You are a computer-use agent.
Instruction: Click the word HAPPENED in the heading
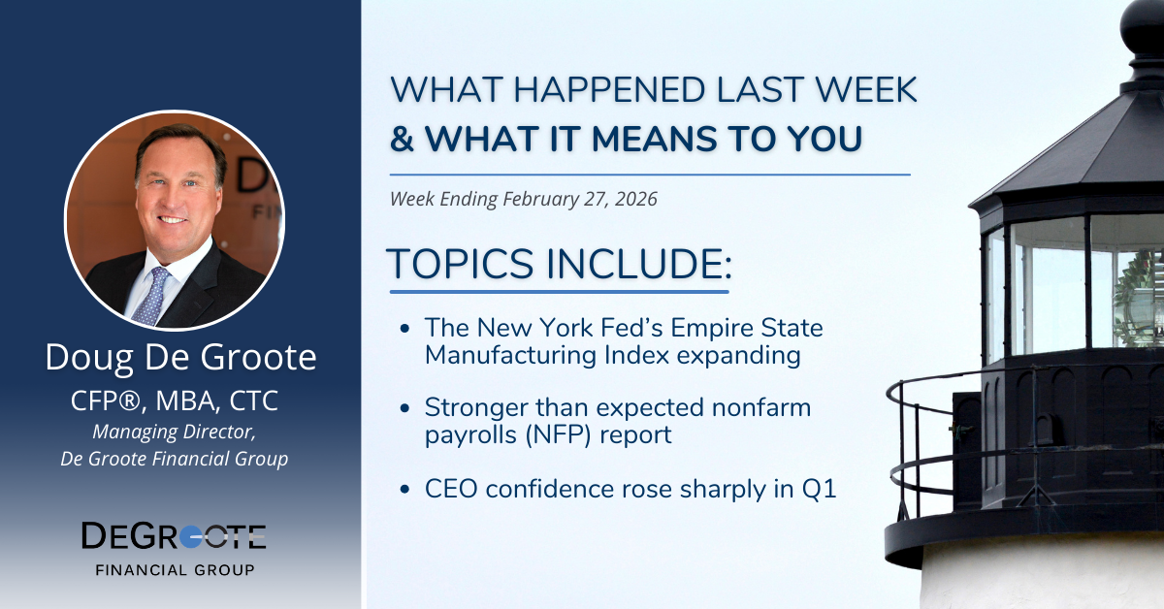click(x=609, y=89)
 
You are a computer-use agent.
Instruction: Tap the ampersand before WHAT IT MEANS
click(x=403, y=139)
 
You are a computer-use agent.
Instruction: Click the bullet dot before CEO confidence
click(x=404, y=489)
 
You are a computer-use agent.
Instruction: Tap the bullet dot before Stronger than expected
click(x=404, y=408)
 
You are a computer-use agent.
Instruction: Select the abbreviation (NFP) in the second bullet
click(x=558, y=434)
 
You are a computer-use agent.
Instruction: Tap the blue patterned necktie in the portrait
click(x=151, y=296)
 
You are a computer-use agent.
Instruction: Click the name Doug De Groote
click(x=180, y=358)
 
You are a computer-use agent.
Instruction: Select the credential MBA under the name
click(x=185, y=401)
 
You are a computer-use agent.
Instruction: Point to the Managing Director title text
click(x=174, y=432)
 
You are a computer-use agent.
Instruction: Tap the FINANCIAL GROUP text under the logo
click(x=176, y=570)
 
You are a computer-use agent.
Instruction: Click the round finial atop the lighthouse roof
click(x=1143, y=20)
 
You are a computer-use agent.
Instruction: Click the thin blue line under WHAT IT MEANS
click(x=650, y=175)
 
